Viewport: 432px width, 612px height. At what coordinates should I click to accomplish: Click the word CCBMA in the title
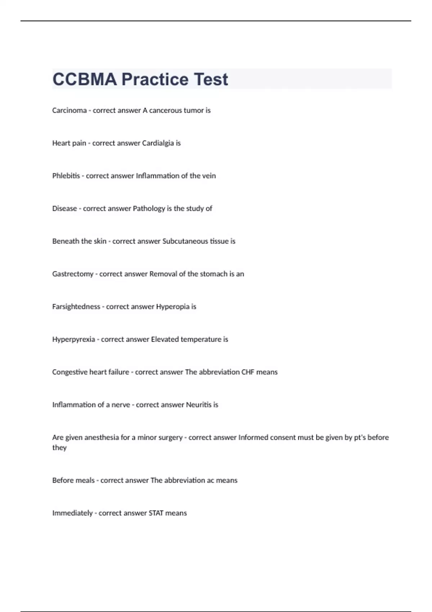coord(85,80)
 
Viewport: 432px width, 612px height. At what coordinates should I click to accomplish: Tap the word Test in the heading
coord(211,80)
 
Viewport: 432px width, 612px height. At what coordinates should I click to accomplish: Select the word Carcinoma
coord(69,111)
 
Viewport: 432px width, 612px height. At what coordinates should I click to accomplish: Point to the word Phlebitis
coord(66,176)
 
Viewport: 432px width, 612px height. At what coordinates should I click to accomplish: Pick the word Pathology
coord(149,208)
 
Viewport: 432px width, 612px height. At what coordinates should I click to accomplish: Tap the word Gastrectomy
coord(73,274)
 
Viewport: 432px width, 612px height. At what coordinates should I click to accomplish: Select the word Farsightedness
coord(76,307)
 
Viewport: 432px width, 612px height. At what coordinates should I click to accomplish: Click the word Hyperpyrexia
coord(73,339)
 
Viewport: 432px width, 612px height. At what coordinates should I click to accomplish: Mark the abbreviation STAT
coord(156,513)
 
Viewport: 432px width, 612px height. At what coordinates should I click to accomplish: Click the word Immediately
coord(72,513)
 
